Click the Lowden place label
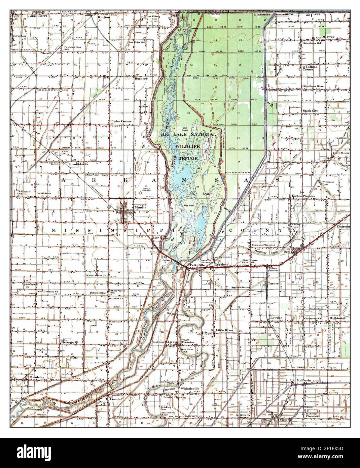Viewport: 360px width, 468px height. tap(276, 318)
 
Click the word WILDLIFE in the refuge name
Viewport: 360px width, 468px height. tap(187, 146)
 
